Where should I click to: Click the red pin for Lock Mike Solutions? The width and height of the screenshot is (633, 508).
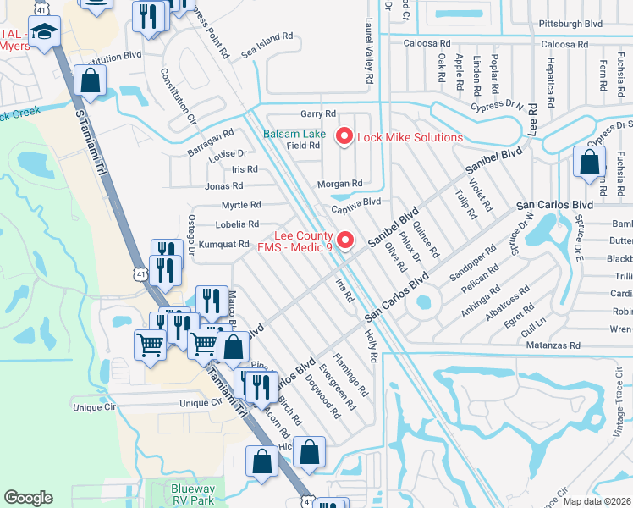(x=344, y=135)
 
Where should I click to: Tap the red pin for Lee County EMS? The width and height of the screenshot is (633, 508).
(x=344, y=240)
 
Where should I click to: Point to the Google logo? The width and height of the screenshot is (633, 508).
(x=28, y=498)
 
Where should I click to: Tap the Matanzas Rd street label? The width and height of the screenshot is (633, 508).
(x=551, y=345)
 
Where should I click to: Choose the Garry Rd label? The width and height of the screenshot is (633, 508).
(x=318, y=113)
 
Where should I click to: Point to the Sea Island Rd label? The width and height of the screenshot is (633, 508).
(x=267, y=45)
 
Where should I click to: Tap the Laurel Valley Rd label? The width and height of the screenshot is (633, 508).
(x=369, y=52)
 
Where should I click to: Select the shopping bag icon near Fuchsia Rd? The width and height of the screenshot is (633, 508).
(x=589, y=163)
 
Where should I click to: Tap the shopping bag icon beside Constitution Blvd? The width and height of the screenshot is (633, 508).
(x=90, y=82)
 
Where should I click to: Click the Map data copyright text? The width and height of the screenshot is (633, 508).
(x=597, y=501)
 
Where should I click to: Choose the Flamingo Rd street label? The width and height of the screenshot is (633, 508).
(x=350, y=375)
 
